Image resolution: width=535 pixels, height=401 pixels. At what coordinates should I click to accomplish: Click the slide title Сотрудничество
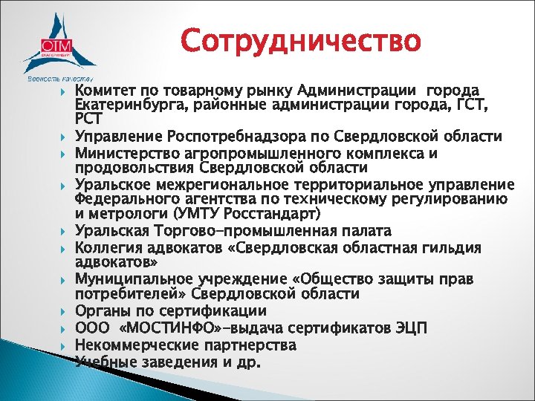(x=300, y=41)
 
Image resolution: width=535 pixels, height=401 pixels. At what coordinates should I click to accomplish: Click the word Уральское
(x=111, y=185)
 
